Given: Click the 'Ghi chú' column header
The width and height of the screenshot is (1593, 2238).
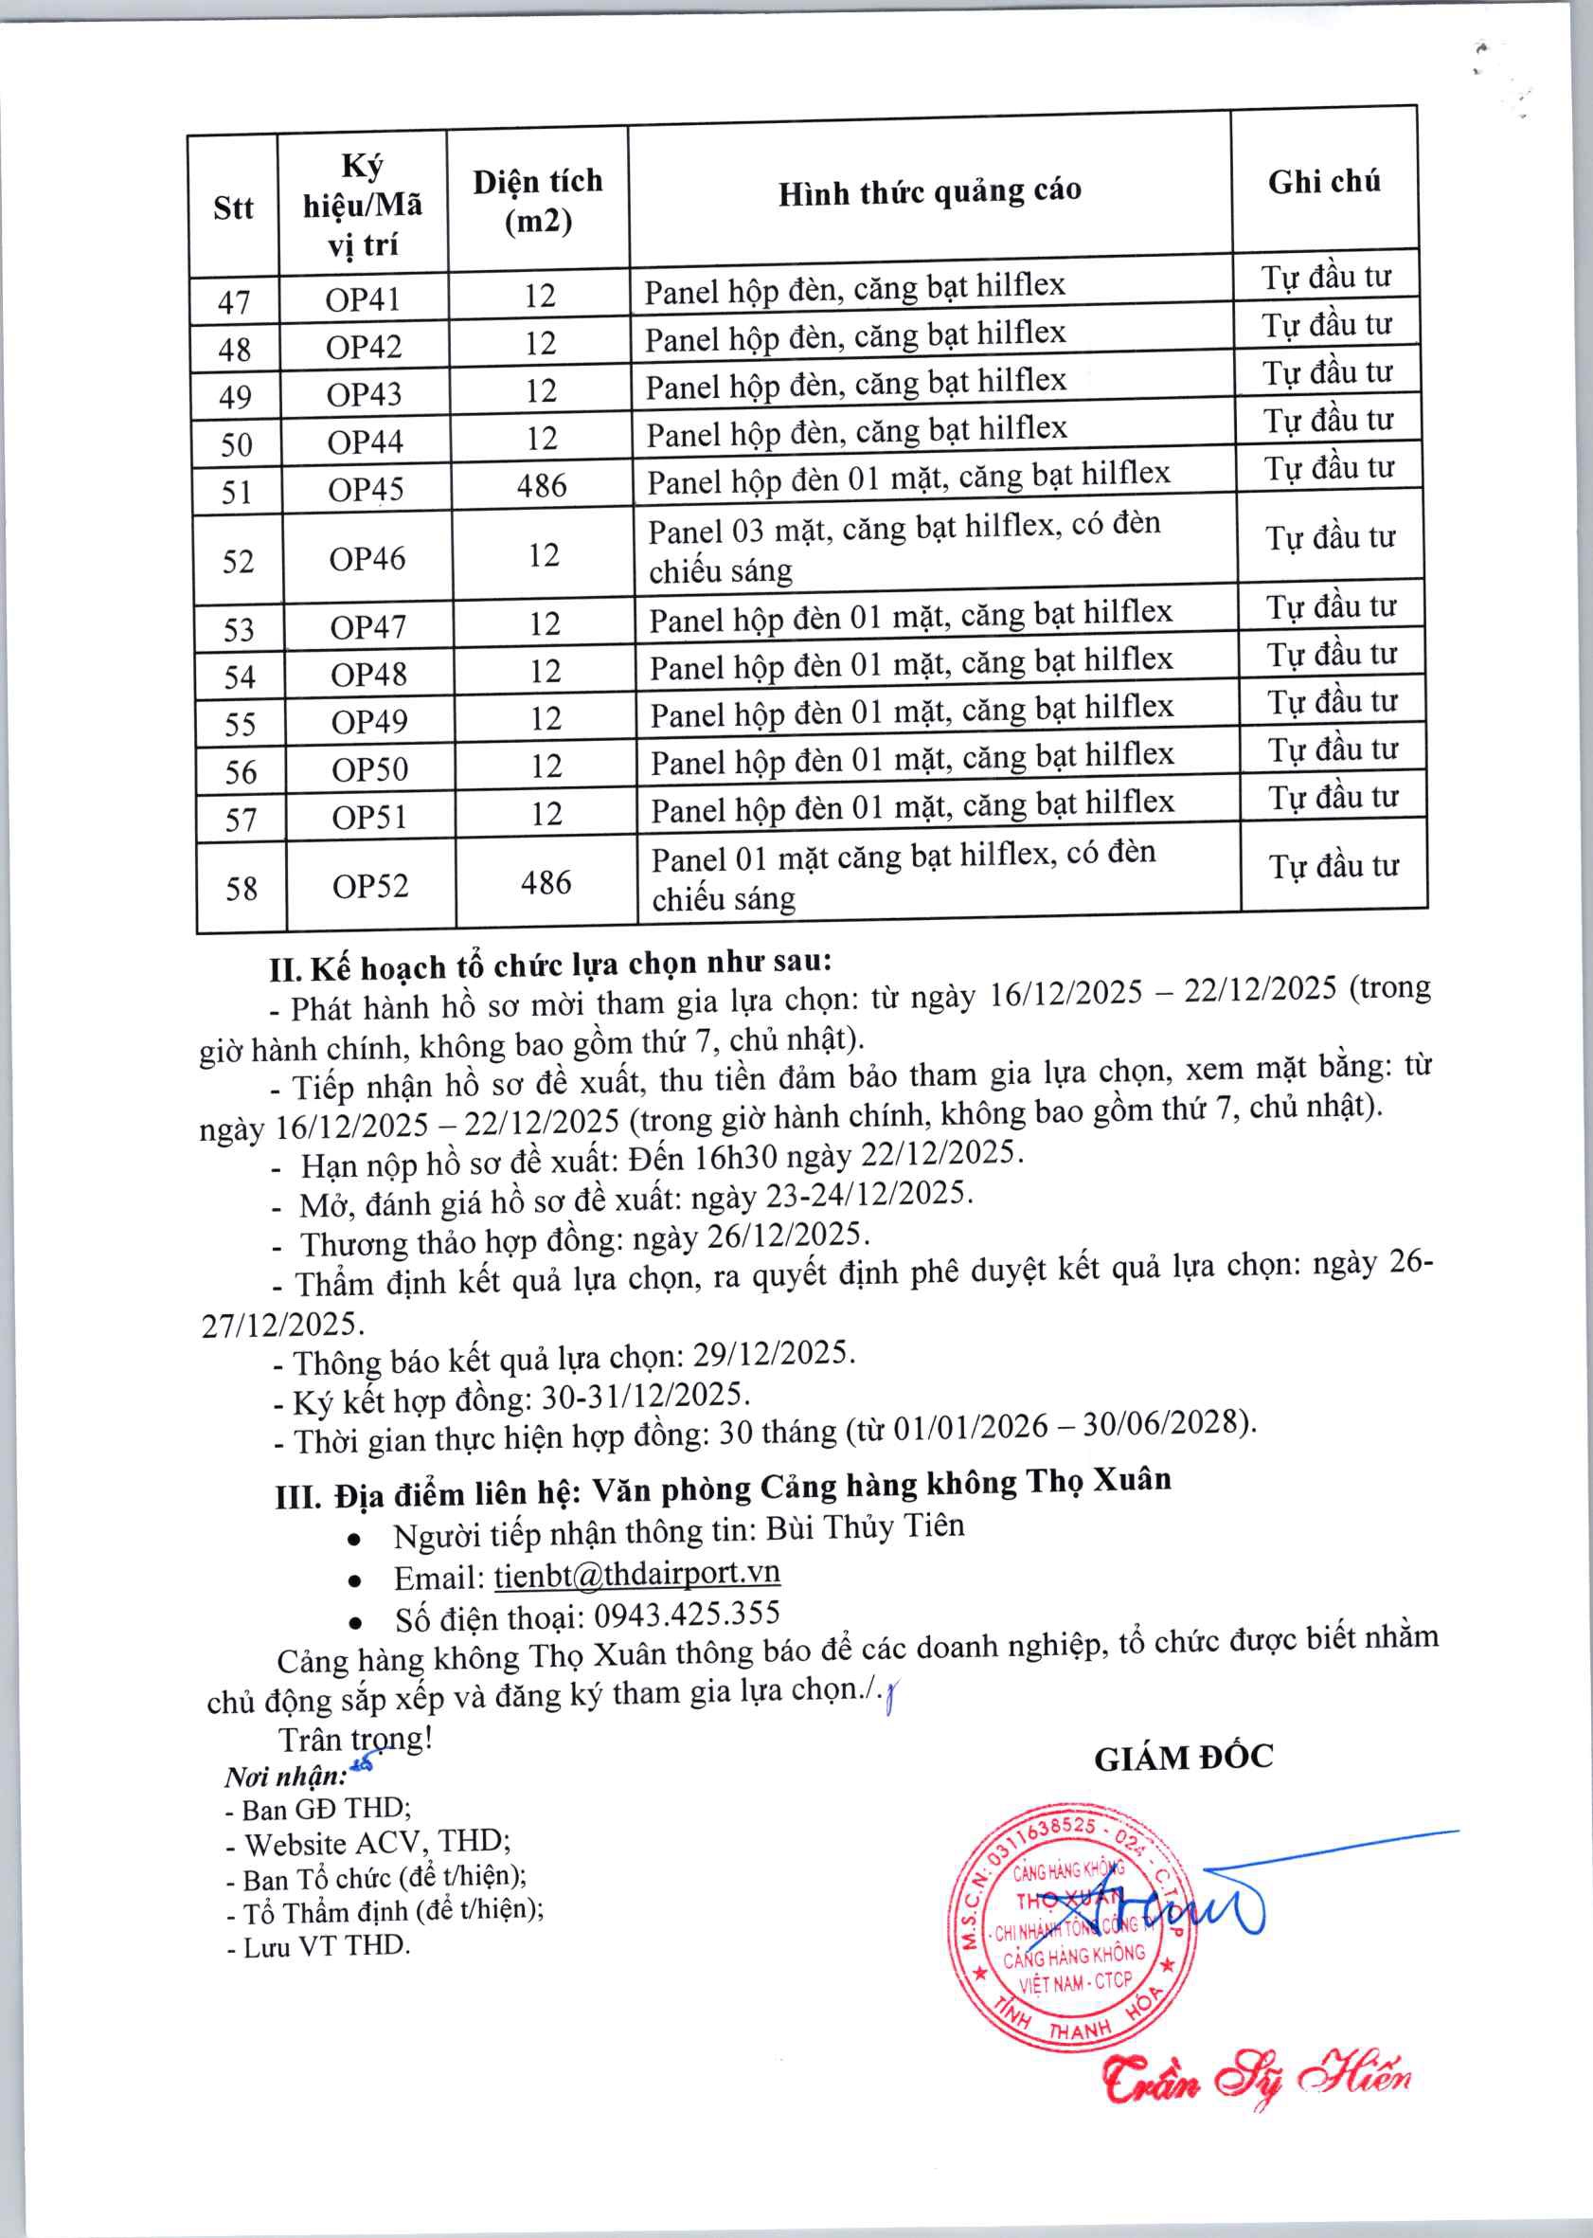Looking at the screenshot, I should [1324, 182].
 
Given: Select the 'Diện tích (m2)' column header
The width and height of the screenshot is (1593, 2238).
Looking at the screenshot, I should [538, 201].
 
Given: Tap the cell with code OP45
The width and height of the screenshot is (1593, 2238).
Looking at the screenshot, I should [366, 489].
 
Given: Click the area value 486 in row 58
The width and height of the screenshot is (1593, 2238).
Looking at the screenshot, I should [546, 883].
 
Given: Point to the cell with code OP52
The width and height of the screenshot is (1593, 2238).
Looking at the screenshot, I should [369, 887].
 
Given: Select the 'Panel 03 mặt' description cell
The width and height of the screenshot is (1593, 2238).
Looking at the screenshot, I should [904, 548].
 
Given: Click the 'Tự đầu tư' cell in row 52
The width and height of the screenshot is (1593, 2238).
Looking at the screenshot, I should [1330, 537].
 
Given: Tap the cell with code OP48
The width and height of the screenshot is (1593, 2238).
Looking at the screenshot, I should [367, 675].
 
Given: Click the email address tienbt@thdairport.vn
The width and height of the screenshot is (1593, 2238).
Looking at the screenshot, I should [636, 1574].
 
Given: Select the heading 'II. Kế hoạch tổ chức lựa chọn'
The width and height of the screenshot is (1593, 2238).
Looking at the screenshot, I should [550, 966].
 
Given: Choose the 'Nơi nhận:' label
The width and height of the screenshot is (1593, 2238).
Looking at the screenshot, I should [285, 1777].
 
